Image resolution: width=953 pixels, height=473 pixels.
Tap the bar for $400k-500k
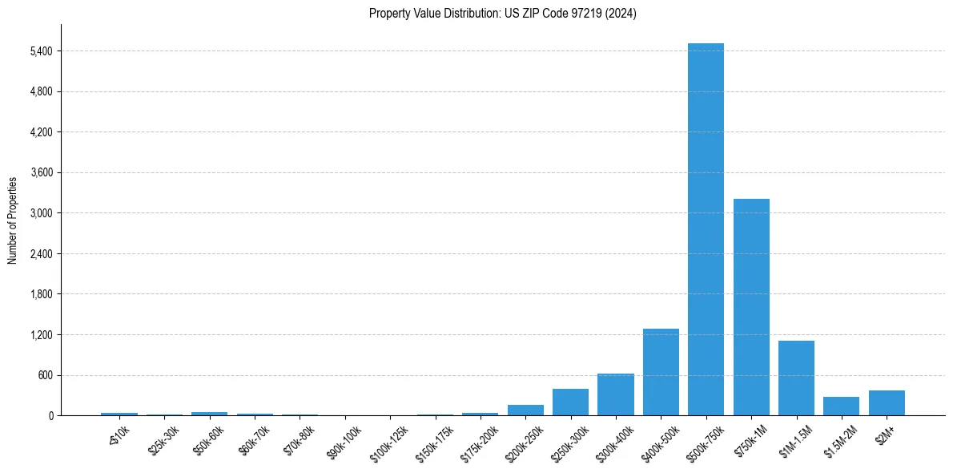point(661,372)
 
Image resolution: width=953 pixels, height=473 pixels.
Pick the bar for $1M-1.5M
point(796,378)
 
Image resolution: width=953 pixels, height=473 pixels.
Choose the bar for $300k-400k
point(616,394)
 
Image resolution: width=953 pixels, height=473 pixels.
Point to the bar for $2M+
point(887,403)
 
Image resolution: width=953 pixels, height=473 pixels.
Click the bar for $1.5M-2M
point(841,406)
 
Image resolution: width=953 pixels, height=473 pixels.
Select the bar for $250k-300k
point(570,402)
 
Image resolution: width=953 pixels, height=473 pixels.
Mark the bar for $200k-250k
point(525,410)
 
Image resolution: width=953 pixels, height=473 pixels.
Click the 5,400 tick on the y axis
point(41,51)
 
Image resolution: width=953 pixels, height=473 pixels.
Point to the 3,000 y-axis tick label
point(41,213)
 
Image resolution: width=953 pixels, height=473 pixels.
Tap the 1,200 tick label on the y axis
point(41,335)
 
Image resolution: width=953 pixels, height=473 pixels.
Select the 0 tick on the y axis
point(50,416)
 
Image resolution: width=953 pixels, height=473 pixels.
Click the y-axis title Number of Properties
point(13,220)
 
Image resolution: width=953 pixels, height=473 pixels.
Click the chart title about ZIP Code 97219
point(503,14)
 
